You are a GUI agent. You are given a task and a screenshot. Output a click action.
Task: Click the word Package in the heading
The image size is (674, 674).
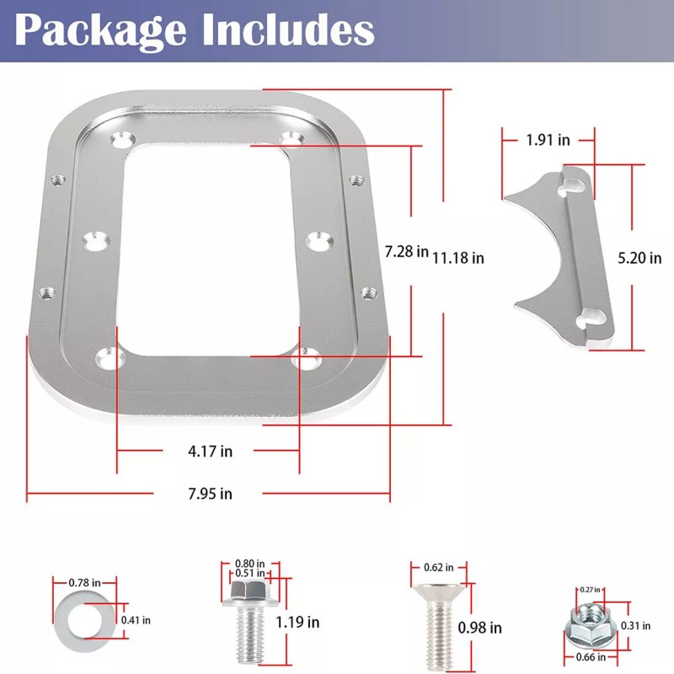tap(99, 30)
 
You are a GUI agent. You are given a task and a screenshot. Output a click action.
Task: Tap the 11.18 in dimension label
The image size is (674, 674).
tap(458, 258)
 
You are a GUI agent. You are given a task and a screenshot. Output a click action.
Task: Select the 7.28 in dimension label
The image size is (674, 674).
tap(406, 251)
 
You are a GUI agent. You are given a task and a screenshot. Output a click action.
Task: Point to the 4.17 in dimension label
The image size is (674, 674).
tap(210, 451)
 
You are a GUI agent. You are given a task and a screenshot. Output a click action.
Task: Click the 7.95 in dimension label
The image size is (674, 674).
tap(210, 493)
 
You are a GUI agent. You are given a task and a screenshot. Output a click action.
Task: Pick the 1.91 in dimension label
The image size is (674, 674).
tap(548, 140)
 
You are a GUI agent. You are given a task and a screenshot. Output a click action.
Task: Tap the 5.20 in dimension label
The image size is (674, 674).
tap(640, 258)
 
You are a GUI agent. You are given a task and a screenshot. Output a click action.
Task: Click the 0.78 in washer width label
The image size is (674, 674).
tap(84, 582)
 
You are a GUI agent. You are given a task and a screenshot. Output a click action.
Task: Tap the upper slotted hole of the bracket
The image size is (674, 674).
tap(576, 182)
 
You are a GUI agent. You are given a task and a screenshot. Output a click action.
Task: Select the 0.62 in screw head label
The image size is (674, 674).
tap(438, 568)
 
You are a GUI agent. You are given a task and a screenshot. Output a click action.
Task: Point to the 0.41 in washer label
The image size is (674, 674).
tap(135, 620)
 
